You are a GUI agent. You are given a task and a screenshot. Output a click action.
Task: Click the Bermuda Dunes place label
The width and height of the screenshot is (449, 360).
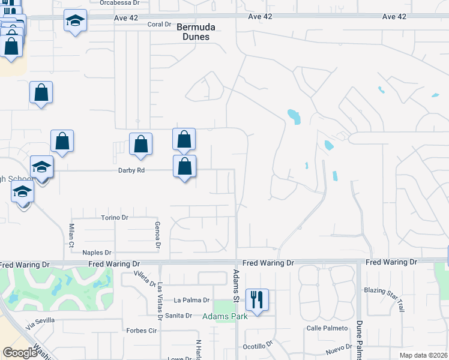[x=193, y=32]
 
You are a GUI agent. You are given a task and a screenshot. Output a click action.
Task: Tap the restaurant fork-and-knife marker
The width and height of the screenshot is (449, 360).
[x=258, y=299]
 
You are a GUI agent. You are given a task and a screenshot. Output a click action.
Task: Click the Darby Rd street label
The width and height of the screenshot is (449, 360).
[x=131, y=170]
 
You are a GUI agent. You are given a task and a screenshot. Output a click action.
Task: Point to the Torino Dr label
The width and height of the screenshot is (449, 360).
[x=115, y=217]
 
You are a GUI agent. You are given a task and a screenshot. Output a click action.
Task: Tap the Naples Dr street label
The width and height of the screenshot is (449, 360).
[x=97, y=253]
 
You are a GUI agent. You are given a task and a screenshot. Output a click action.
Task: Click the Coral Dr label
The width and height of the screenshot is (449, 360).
[x=159, y=24]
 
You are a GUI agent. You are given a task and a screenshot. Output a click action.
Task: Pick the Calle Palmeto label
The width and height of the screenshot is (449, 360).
[x=328, y=328]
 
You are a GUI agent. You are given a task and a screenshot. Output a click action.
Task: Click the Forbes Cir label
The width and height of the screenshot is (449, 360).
[x=141, y=330]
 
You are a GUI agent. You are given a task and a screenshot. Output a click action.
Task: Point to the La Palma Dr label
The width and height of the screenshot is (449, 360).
[x=191, y=300]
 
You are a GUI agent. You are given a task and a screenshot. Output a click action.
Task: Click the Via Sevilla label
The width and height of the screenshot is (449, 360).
[x=40, y=322]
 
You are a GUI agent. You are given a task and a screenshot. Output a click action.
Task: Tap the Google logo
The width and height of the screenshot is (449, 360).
[x=20, y=353]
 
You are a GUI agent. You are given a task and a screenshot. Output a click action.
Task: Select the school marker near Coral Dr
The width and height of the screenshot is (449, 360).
[x=75, y=22]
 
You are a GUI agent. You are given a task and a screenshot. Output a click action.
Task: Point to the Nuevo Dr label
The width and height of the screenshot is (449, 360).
[x=339, y=348]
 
